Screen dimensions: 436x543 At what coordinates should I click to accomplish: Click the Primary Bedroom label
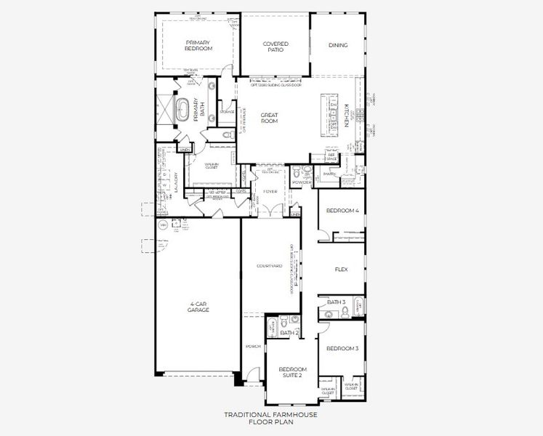[x=198, y=45]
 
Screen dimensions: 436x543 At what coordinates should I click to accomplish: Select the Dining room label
[x=338, y=45]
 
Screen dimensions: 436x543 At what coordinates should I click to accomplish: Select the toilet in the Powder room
[x=306, y=172]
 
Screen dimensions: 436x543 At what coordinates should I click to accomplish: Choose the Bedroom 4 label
[x=342, y=211]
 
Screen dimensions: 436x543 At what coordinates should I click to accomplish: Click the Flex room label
[x=341, y=269]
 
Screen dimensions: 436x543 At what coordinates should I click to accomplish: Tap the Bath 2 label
[x=290, y=333]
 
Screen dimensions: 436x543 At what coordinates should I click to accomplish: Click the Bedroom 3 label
[x=342, y=349]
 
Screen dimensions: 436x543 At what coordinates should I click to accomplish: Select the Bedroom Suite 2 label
[x=293, y=372]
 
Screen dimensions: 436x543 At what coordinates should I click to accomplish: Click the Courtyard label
[x=270, y=267]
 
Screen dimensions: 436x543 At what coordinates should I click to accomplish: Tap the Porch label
[x=253, y=347]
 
